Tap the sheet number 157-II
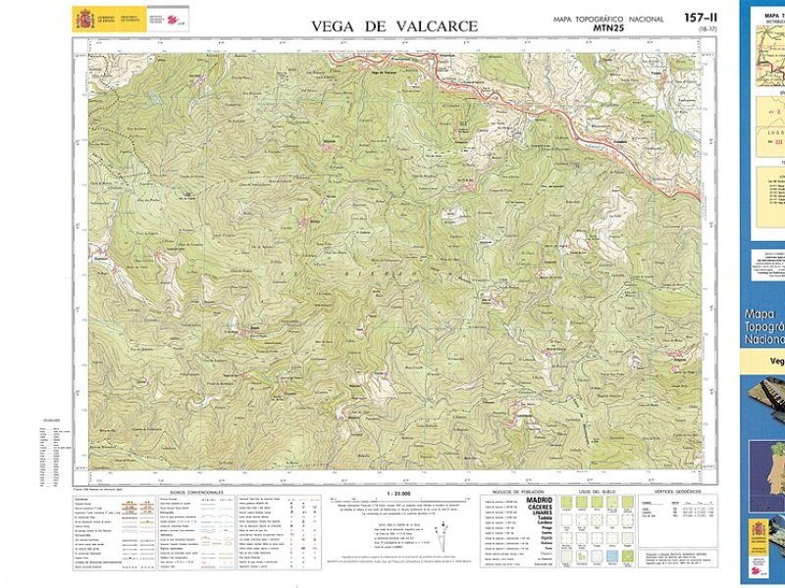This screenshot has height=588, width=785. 702,18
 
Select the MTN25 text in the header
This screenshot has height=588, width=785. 610,28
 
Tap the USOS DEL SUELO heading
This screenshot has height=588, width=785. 597,491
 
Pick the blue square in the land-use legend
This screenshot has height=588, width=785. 612,555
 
